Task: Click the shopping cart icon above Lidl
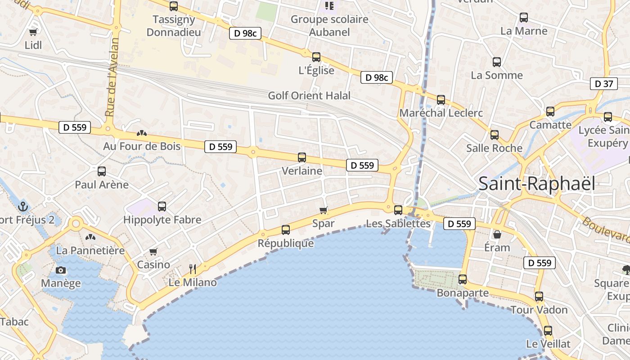(x=33, y=32)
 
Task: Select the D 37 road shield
(x=604, y=84)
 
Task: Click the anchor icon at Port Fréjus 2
(x=22, y=207)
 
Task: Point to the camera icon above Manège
(x=61, y=270)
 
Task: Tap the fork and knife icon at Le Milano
(x=193, y=269)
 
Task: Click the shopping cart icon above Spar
(x=323, y=210)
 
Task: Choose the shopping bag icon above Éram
(x=497, y=234)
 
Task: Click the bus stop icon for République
(x=285, y=230)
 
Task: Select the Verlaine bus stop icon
(x=302, y=157)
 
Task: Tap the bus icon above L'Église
(x=316, y=57)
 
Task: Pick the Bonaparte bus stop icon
(x=463, y=279)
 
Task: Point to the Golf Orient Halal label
(x=309, y=95)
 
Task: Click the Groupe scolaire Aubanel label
(x=329, y=26)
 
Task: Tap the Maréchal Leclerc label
(x=441, y=113)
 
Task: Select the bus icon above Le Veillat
(x=548, y=331)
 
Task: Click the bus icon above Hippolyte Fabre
(x=162, y=207)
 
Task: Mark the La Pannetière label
(x=90, y=250)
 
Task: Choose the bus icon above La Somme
(x=497, y=62)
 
